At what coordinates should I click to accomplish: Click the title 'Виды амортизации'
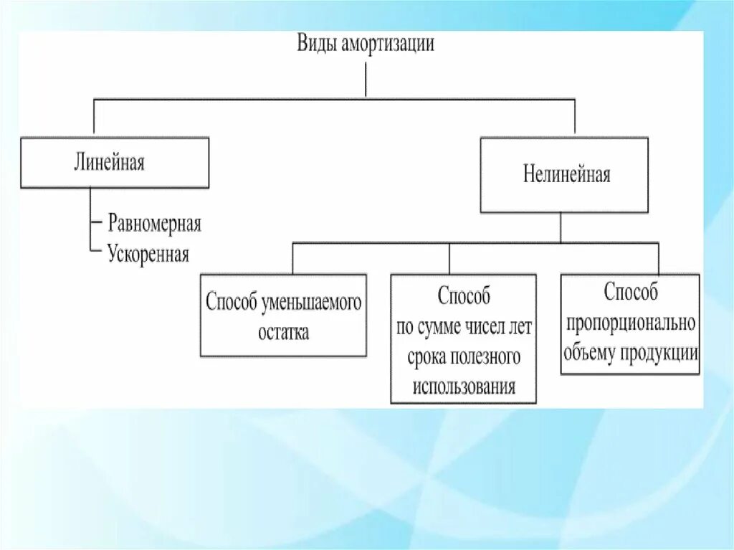366,44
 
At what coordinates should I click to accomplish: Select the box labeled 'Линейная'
115,163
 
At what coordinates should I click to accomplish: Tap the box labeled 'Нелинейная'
564,175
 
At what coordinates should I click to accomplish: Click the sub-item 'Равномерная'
155,224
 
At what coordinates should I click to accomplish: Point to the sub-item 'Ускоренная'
148,254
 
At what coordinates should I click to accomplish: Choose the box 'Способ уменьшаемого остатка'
283,316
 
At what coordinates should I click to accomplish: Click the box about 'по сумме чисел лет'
463,338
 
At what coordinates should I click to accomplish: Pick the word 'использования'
464,387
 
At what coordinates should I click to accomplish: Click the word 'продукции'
659,355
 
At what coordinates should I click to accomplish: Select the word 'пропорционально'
630,323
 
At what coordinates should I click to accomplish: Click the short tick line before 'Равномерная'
96,223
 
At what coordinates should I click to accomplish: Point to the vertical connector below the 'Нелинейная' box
561,228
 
